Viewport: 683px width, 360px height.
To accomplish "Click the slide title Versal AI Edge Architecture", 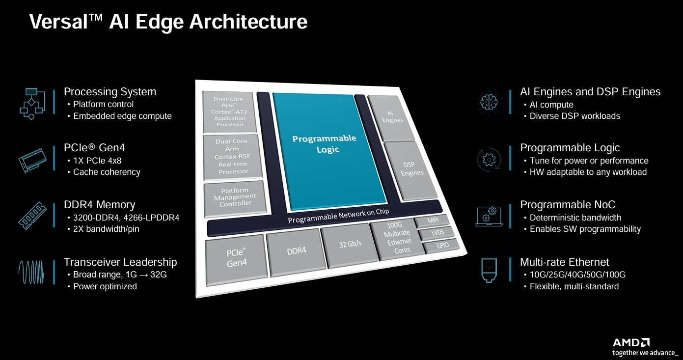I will (x=168, y=22).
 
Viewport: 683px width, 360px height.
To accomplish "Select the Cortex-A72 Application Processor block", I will (x=230, y=112).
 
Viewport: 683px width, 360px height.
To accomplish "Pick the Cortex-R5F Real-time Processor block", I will (x=232, y=156).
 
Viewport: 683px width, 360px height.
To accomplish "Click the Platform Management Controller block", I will (x=235, y=196).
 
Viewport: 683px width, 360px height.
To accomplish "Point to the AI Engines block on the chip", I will (x=391, y=116).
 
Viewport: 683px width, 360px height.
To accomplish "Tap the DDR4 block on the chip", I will (x=296, y=250).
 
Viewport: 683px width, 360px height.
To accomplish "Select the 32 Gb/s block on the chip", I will (x=350, y=244).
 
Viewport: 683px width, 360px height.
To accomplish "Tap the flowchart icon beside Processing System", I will (x=31, y=103).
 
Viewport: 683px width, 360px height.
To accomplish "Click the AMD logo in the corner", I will (x=631, y=342).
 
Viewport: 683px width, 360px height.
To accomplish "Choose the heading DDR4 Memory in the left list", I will (x=99, y=205).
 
